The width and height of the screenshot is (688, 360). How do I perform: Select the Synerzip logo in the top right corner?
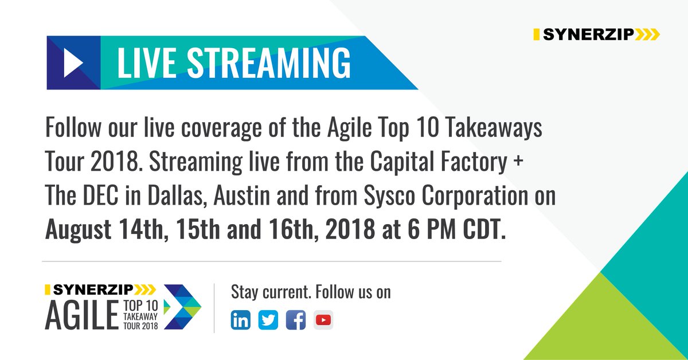tap(596, 35)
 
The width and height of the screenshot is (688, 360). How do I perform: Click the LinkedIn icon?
tap(241, 320)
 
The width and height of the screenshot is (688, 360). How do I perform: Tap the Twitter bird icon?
tap(268, 320)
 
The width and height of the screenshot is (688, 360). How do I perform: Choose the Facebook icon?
tap(295, 320)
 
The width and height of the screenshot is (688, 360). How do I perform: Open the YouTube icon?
tap(323, 320)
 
